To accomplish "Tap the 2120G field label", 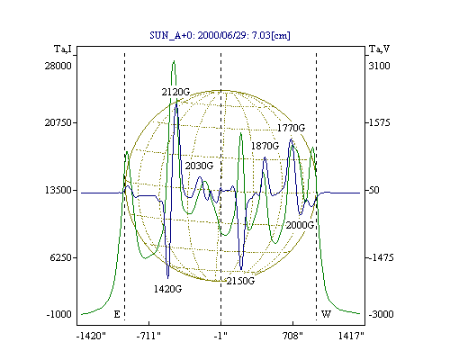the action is coord(175,92).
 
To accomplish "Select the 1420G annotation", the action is coord(167,289).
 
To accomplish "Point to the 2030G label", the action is coord(199,166).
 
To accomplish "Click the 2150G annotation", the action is coord(240,281).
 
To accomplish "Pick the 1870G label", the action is coord(265,146).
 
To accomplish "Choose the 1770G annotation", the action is coord(291,128).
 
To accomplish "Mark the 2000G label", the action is coord(300,225).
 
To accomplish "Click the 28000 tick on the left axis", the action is coord(58,66).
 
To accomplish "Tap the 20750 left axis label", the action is coord(58,122).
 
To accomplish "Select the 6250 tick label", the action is coord(61,257).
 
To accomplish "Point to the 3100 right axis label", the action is coord(379,66).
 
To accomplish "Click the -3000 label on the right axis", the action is coord(381,314).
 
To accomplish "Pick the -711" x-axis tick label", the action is coord(148,337).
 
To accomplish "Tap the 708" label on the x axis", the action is coord(292,337).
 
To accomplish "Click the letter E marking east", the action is coord(117,314).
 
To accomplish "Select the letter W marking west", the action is coord(326,314).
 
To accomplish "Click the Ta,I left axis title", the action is coord(63,49).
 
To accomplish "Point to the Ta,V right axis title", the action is coord(379,49).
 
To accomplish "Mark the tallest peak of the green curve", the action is coord(174,61).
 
